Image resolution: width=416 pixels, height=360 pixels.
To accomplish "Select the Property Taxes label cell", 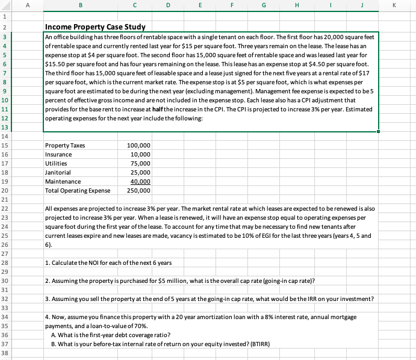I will click(x=65, y=146).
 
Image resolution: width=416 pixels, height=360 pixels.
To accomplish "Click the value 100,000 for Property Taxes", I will click(x=139, y=146).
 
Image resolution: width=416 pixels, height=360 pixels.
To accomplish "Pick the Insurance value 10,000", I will click(x=141, y=155).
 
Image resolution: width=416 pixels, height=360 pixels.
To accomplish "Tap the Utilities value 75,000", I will click(x=141, y=164).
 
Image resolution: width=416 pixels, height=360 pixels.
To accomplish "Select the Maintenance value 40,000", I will click(x=141, y=182).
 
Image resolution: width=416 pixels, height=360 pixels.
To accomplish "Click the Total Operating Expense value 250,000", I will click(x=139, y=191).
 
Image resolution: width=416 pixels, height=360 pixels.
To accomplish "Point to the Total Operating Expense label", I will click(x=78, y=191).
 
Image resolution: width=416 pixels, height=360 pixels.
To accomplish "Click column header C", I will click(x=134, y=6).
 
